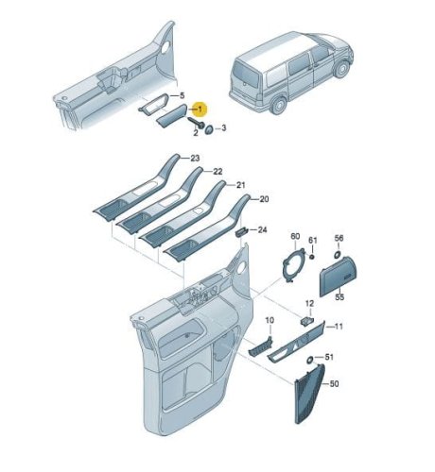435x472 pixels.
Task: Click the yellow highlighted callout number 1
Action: (x=200, y=110)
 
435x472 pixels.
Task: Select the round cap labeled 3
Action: (x=209, y=128)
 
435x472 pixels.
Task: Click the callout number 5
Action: (x=182, y=95)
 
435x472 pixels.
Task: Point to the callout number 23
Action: (x=195, y=158)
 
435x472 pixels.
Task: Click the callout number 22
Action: (x=217, y=172)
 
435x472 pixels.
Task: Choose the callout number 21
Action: (x=240, y=185)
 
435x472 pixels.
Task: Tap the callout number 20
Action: (x=264, y=199)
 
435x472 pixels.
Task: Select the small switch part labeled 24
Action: (x=241, y=232)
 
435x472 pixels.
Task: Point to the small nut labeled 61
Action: (x=312, y=257)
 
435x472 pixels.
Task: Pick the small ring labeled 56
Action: (x=337, y=254)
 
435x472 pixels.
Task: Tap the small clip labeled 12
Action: (x=306, y=321)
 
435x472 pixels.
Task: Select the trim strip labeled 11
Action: (x=296, y=343)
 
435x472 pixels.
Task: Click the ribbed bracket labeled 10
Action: (x=260, y=346)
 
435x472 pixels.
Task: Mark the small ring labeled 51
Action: (x=310, y=360)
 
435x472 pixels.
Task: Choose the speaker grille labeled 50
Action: (x=309, y=394)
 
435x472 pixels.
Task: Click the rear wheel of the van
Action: (x=278, y=105)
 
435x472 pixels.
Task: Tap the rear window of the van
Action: (x=246, y=75)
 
